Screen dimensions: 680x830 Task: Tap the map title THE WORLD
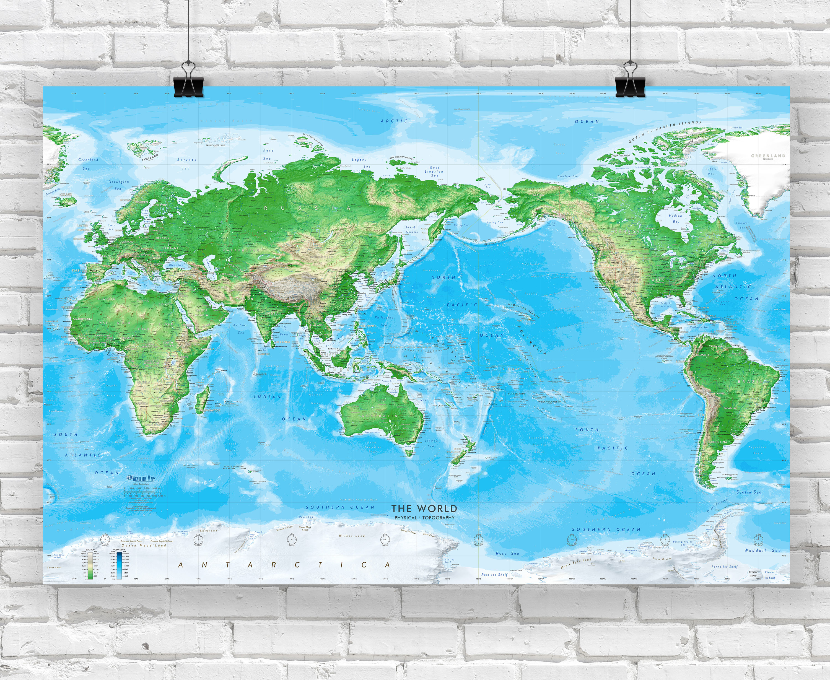coord(424,509)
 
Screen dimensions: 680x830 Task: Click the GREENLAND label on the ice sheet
coord(768,156)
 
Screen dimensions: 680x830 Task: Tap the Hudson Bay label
coord(675,219)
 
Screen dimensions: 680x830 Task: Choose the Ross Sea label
coord(507,554)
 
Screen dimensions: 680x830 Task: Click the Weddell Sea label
coord(762,550)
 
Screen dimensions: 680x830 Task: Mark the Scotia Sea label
coord(749,492)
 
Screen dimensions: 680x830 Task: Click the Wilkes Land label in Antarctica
coord(352,536)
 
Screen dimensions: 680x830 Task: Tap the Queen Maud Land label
coord(144,545)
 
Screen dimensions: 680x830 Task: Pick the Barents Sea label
coord(186,164)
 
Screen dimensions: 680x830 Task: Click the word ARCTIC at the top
coord(394,121)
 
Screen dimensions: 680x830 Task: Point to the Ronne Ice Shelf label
coord(724,566)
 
